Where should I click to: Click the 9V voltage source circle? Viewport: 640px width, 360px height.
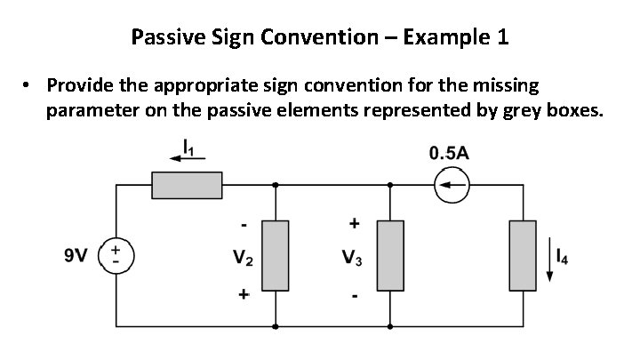click(x=117, y=255)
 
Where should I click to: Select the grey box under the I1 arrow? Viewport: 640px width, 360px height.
click(x=187, y=186)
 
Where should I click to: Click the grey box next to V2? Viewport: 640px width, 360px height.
click(x=276, y=256)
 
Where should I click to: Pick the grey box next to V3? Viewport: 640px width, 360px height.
click(x=390, y=256)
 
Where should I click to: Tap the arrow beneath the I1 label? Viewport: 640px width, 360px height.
click(x=187, y=158)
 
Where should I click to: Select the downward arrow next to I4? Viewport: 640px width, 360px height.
click(x=550, y=260)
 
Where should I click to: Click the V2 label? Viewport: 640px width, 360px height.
click(x=243, y=260)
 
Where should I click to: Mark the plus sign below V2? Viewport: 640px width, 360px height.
click(x=243, y=292)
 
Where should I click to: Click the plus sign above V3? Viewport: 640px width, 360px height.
click(x=353, y=221)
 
